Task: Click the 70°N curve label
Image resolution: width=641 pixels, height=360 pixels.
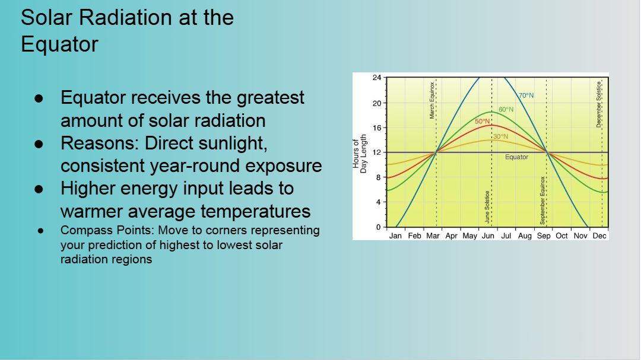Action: coord(526,95)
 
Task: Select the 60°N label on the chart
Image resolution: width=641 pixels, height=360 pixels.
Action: coord(506,110)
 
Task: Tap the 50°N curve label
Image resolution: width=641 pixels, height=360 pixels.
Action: coord(483,122)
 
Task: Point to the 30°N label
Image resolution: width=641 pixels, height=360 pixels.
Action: coord(501,136)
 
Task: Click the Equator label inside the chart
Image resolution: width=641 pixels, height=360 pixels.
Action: coord(516,157)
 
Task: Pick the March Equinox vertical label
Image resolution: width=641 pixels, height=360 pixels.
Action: coord(433,100)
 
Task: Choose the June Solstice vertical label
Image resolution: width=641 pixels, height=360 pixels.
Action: coord(487,206)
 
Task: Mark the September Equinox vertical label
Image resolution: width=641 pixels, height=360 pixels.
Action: coord(542,200)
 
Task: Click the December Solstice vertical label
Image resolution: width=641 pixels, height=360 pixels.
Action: coord(599,104)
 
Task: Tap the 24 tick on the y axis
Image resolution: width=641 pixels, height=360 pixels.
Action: coord(377,78)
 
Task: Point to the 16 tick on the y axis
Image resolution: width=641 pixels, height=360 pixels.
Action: coord(377,128)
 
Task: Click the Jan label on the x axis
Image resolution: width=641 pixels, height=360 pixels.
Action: coord(396,235)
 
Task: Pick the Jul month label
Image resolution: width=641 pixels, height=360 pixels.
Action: coord(506,235)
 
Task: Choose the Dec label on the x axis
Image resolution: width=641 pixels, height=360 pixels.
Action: coord(599,235)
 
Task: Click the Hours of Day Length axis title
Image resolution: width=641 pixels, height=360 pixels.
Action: coord(360,154)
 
